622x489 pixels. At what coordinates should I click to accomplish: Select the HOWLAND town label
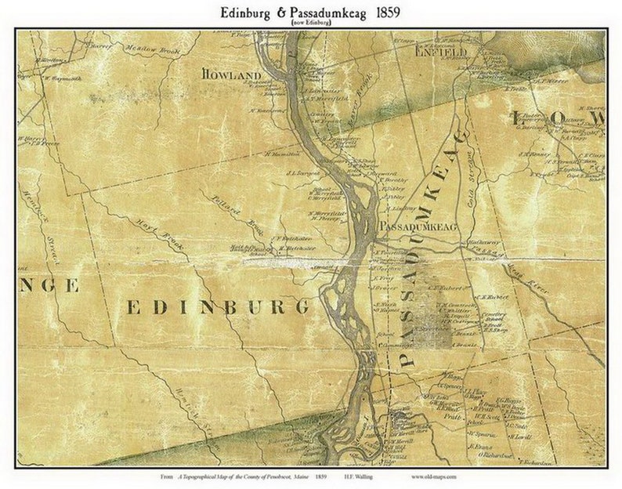click(230, 74)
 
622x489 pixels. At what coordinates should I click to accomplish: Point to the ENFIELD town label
click(440, 52)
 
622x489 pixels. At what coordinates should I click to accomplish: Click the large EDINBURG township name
click(219, 307)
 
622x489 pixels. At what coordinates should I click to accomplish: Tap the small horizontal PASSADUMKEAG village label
click(418, 225)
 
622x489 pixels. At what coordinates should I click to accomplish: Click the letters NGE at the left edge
click(49, 285)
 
